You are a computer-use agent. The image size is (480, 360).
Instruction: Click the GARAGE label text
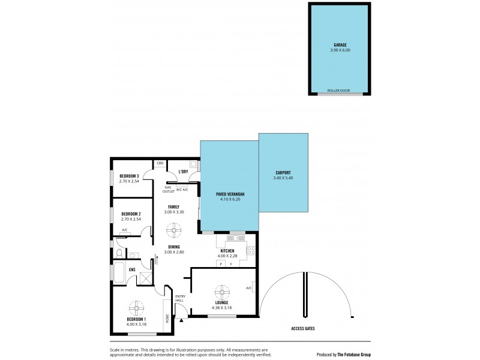(340, 44)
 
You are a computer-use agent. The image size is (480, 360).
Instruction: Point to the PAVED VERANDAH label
(230, 195)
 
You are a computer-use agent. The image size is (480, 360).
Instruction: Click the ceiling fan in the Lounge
(223, 291)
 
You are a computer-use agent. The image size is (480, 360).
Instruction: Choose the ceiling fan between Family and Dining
(175, 229)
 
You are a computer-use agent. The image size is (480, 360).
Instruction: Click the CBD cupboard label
(160, 163)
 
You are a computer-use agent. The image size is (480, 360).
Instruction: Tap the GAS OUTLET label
(169, 188)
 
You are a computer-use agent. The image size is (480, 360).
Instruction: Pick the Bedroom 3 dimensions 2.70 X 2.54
(130, 181)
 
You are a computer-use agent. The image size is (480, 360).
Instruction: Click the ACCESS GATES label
(302, 329)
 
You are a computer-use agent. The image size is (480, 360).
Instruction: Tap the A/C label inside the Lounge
(248, 288)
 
